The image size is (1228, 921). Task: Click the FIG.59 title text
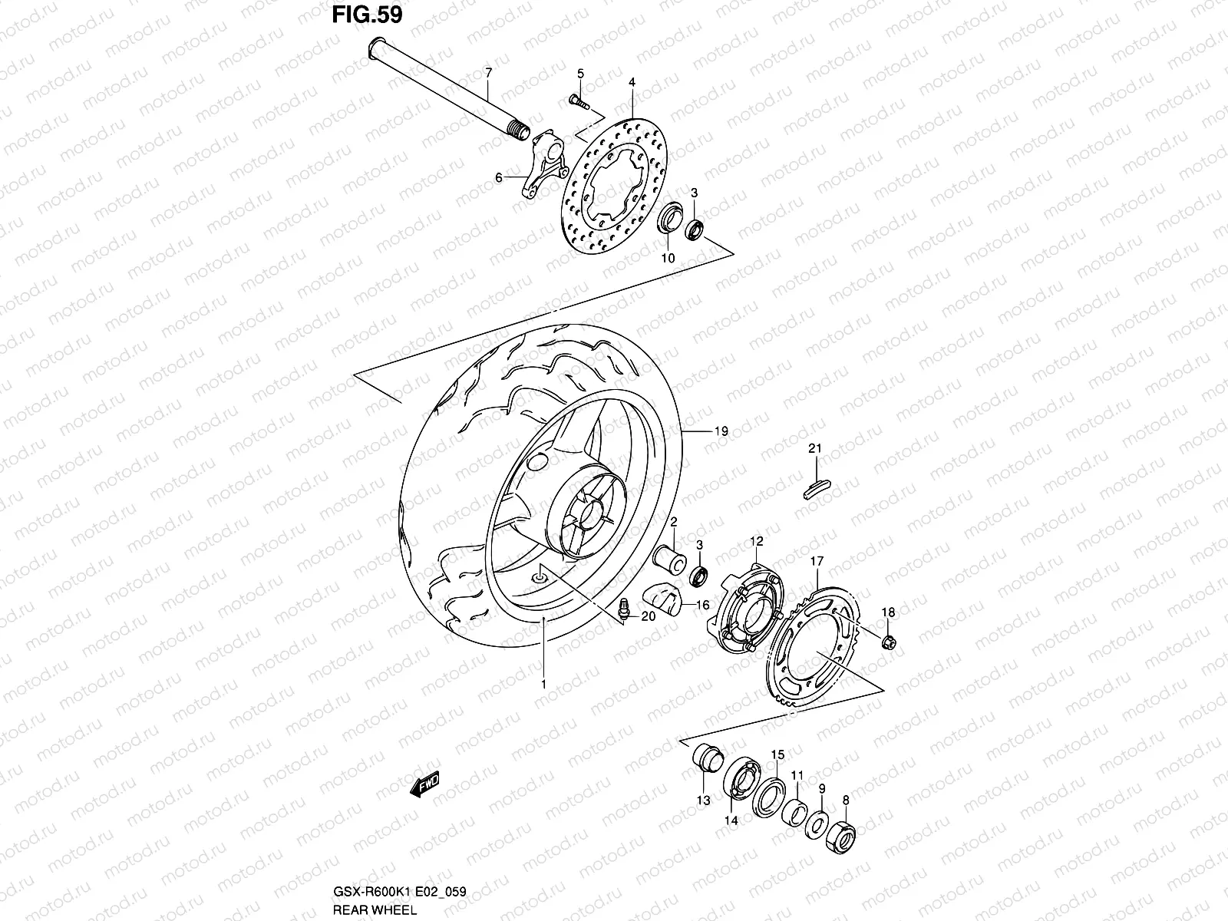[x=366, y=15]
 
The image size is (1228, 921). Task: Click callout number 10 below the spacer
[x=668, y=259]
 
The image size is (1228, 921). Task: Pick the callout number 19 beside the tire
[x=721, y=432]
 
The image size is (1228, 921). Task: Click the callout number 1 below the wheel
[x=543, y=683]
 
